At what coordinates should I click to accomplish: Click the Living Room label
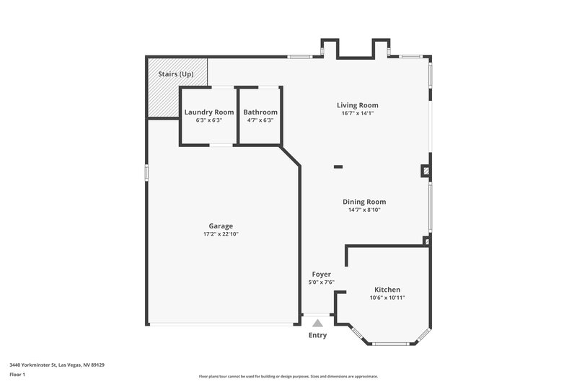click(358, 105)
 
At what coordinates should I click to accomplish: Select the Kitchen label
click(387, 290)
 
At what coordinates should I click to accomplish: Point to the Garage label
click(221, 226)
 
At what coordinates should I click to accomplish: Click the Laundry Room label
click(209, 112)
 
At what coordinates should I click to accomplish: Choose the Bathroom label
click(260, 112)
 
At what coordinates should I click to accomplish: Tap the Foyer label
click(321, 274)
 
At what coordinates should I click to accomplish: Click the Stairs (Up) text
click(175, 75)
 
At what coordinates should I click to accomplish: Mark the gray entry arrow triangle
click(317, 323)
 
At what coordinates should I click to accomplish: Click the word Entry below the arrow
click(317, 335)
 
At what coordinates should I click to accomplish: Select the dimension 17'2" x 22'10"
click(221, 234)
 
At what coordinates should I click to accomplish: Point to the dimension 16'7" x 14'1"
click(358, 113)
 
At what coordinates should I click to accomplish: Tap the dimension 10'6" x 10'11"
click(387, 298)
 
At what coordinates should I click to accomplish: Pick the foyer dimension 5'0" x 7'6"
click(321, 282)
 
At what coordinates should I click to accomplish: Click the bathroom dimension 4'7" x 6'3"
click(260, 120)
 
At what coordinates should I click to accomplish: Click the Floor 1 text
click(17, 375)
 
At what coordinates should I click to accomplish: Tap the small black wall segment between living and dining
click(338, 167)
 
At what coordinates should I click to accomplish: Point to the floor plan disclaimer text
click(288, 376)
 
